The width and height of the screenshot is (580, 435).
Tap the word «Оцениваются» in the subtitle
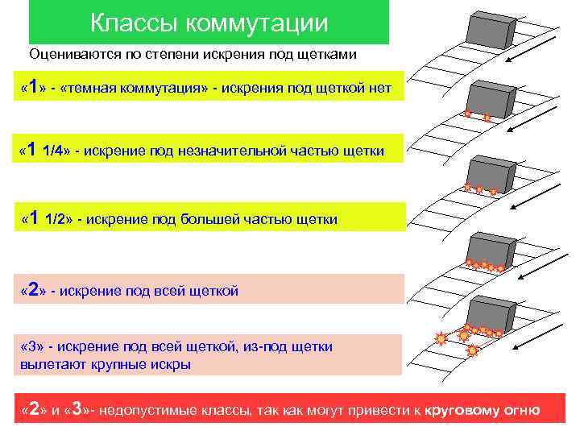pos(71,56)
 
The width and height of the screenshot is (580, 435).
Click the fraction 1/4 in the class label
pos(55,151)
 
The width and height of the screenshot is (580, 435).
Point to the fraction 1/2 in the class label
pos(58,219)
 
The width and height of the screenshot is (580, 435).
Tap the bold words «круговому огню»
pos(483,411)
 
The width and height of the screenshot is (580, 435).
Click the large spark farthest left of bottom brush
pos(440,339)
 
